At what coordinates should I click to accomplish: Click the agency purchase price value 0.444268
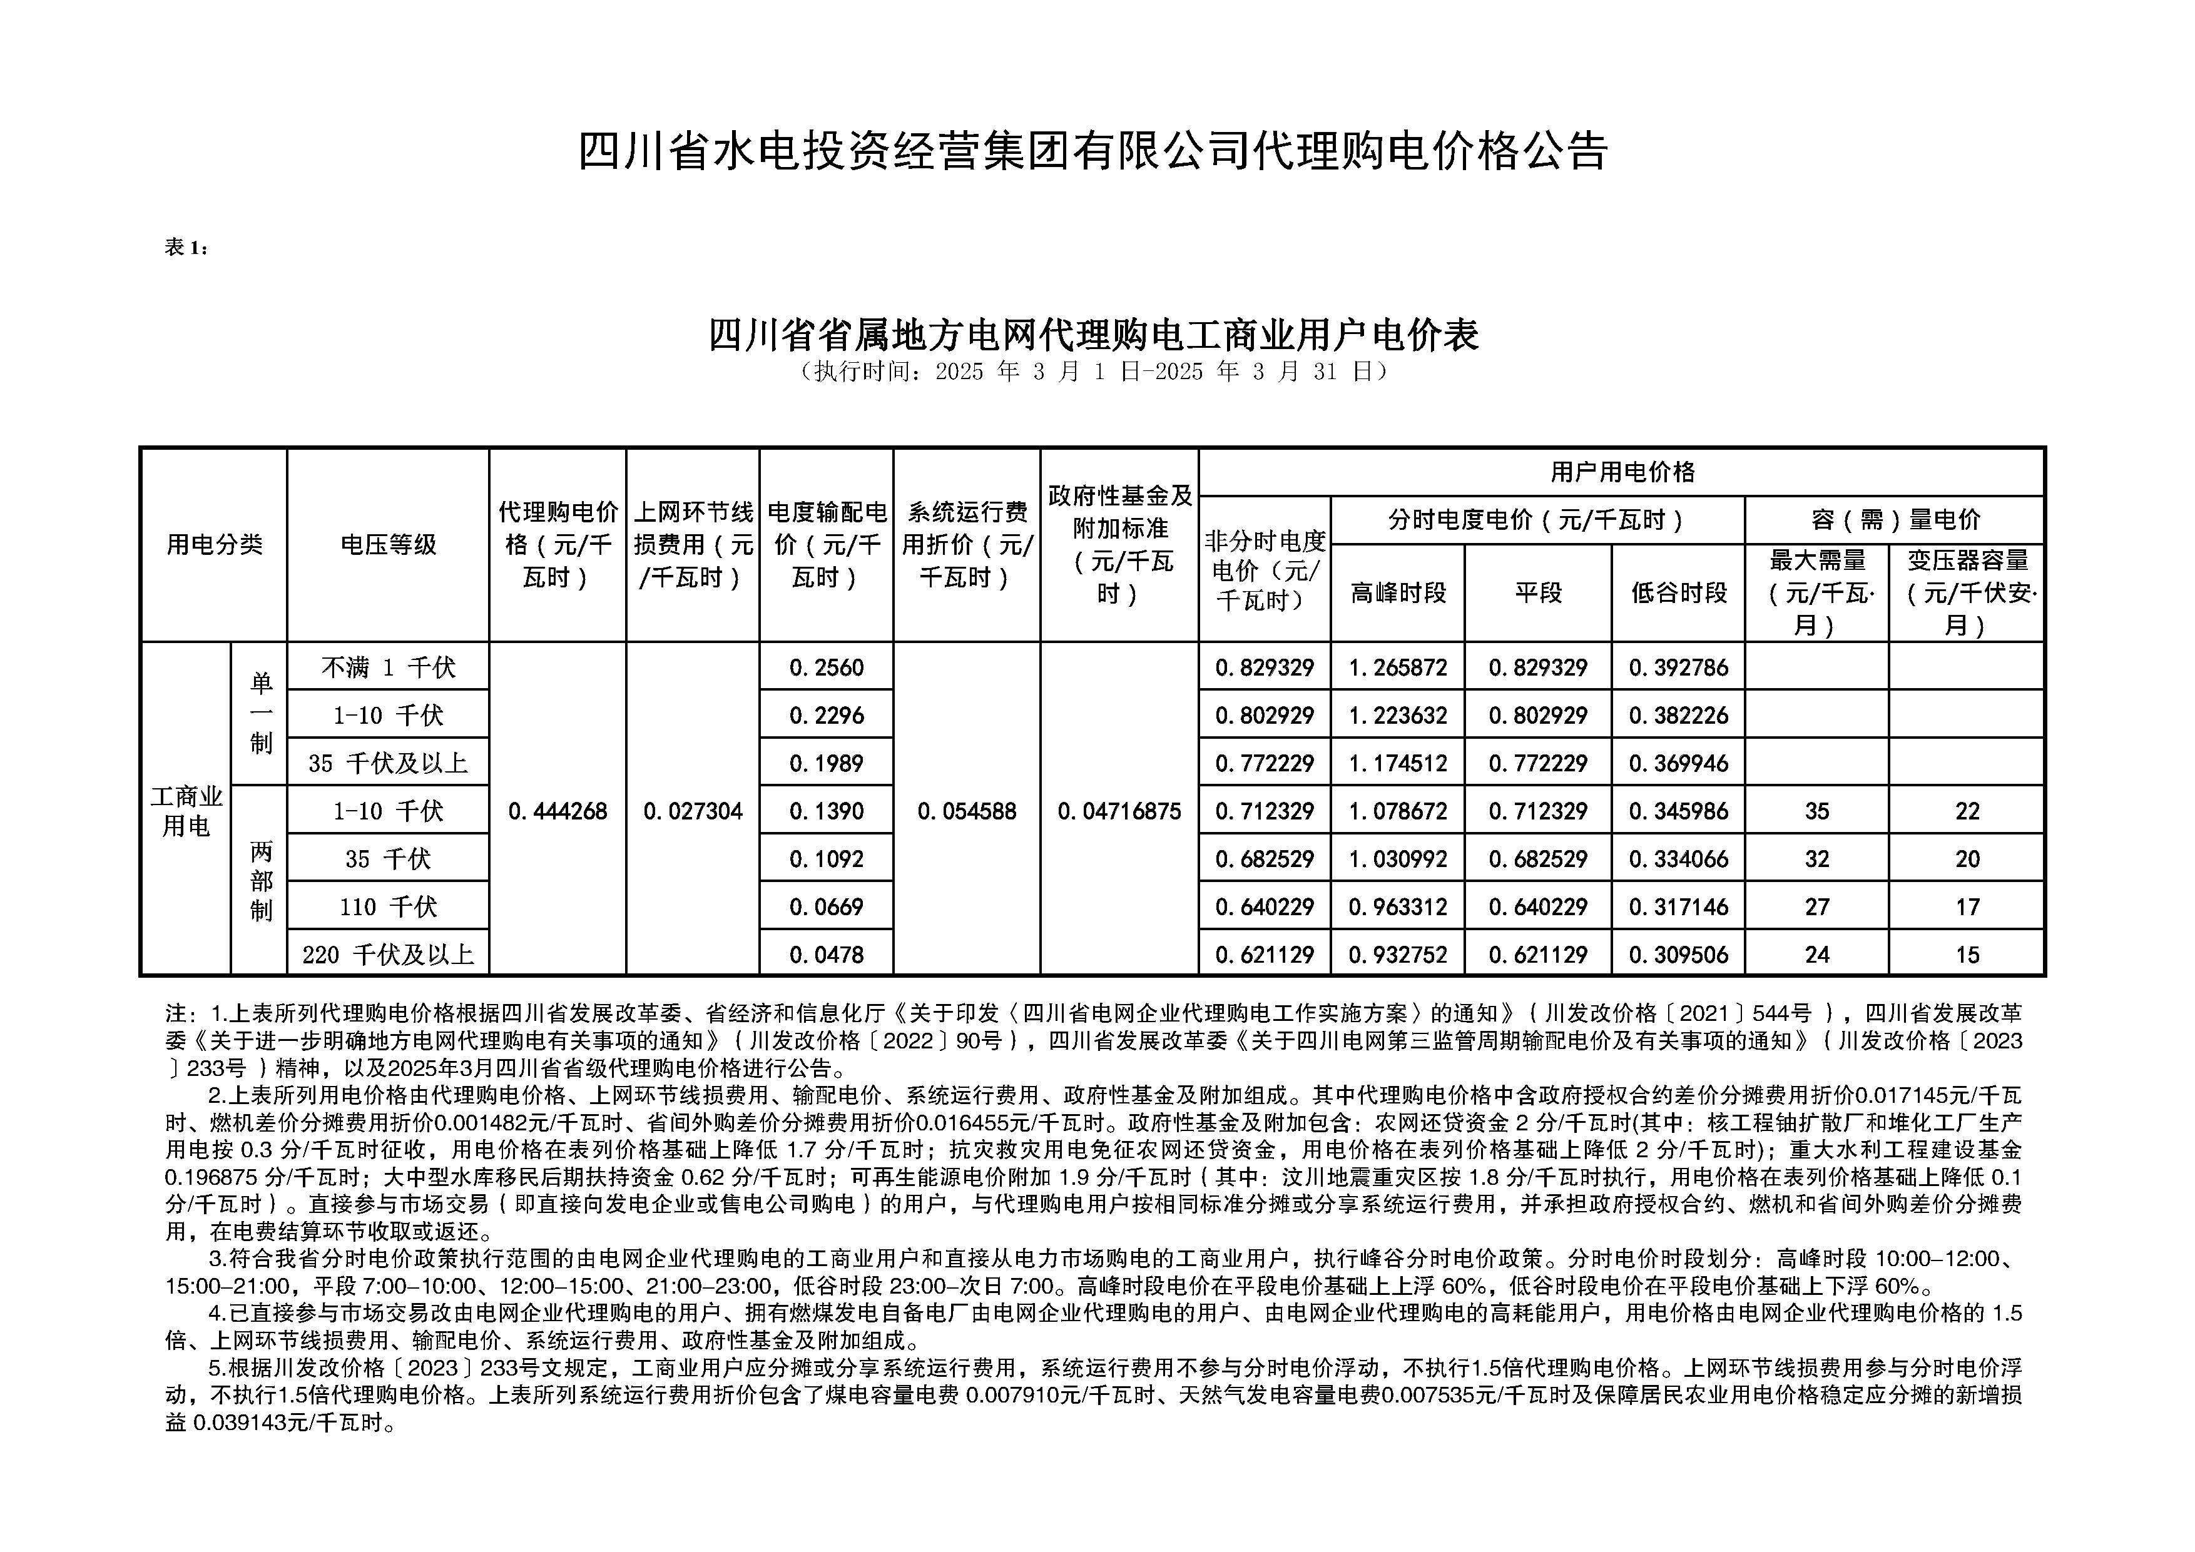tap(558, 811)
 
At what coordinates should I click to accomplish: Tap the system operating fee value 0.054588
tap(967, 811)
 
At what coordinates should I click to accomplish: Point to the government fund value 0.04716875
tap(1119, 811)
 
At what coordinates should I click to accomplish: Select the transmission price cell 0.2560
tap(826, 667)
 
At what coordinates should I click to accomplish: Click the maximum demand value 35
tap(1816, 811)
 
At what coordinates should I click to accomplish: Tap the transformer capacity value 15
tap(1967, 955)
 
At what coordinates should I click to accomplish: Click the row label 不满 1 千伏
tap(387, 667)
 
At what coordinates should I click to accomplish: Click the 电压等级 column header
tap(387, 545)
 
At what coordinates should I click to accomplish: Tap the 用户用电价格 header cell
tap(1621, 472)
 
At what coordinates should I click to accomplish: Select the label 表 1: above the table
tap(186, 248)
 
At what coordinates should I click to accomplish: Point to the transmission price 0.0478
tap(826, 955)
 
